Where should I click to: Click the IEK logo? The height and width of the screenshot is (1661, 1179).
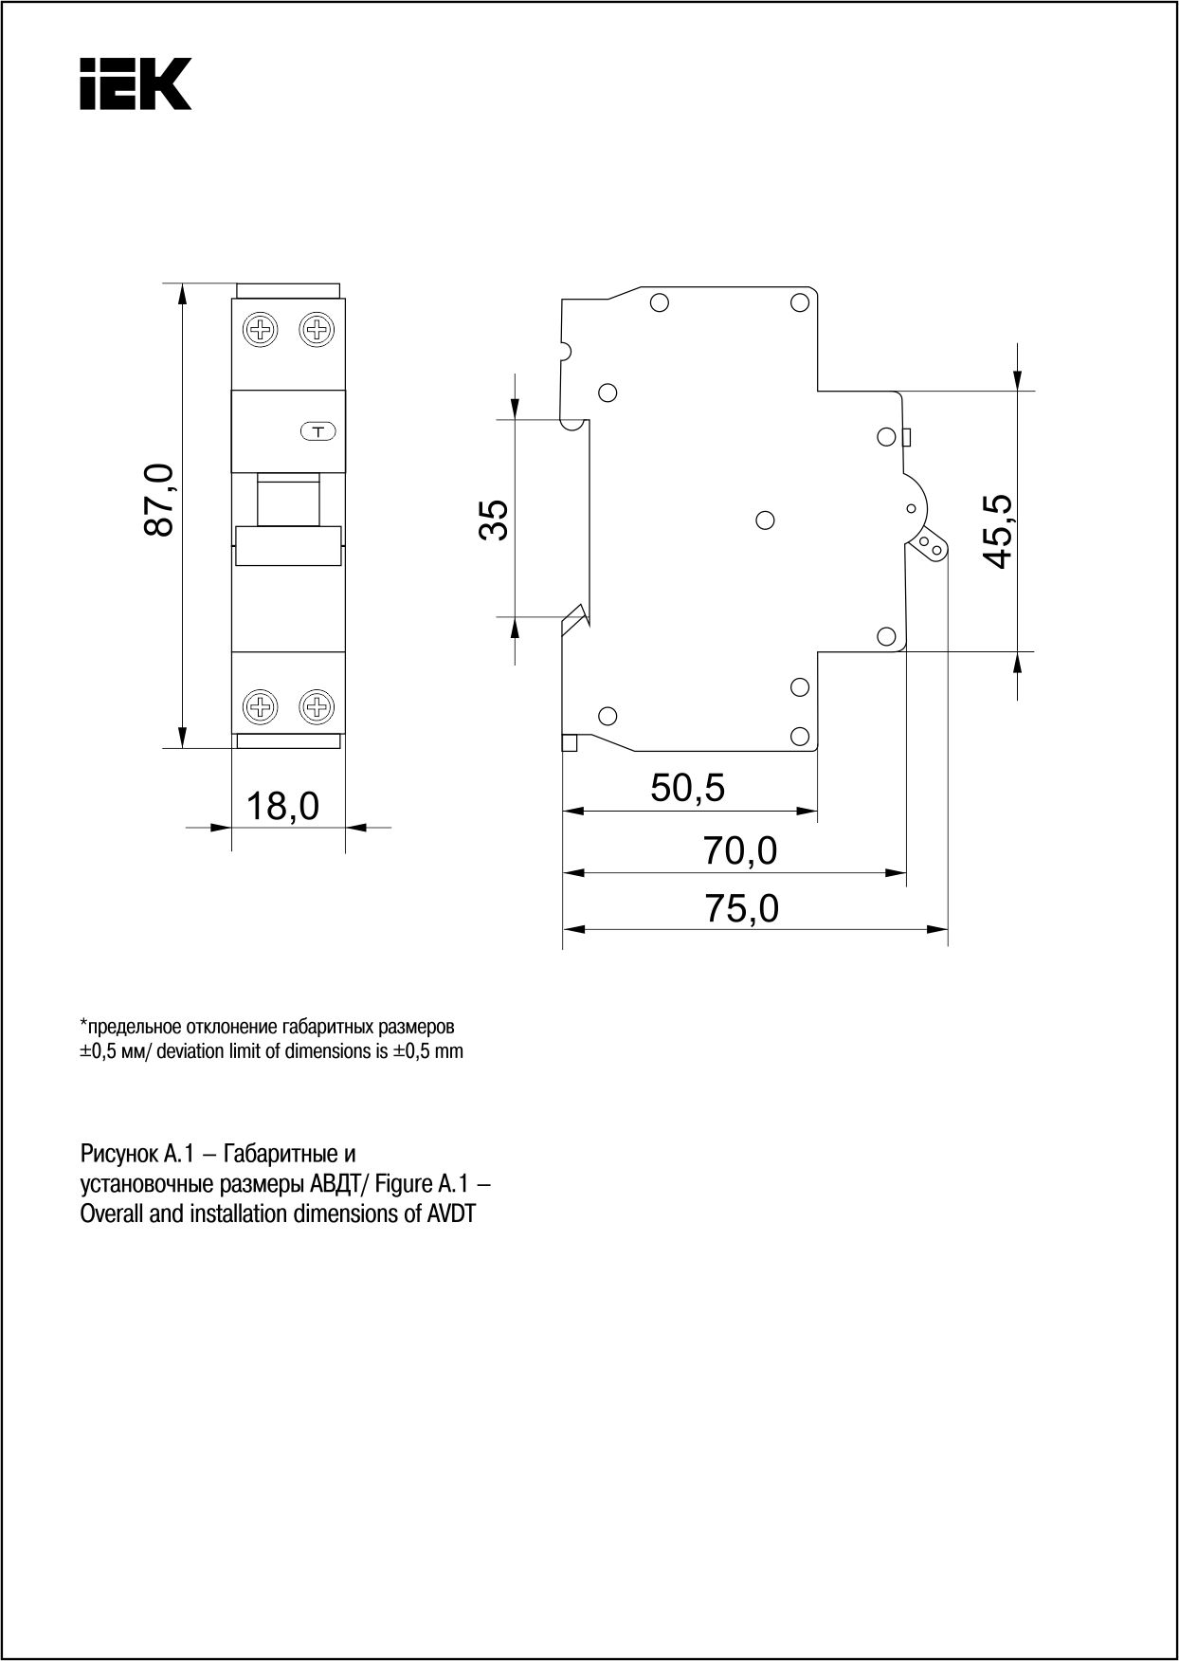136,83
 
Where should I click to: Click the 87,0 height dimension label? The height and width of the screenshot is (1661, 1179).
159,500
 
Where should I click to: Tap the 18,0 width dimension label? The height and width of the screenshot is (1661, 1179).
282,807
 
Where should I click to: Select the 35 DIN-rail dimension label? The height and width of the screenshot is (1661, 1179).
494,519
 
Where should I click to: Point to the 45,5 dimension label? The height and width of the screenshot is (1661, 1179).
997,531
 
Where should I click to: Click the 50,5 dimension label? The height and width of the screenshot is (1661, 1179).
688,787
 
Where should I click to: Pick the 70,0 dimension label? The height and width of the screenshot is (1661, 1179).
740,850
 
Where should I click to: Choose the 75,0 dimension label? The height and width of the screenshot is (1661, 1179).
742,908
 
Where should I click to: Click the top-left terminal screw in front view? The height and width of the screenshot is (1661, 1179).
261,330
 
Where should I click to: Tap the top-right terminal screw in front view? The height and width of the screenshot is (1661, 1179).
317,330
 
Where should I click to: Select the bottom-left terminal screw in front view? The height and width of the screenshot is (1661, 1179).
261,706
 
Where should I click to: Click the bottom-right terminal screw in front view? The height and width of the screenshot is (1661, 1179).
317,706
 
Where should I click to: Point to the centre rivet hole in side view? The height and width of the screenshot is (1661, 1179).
767,520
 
